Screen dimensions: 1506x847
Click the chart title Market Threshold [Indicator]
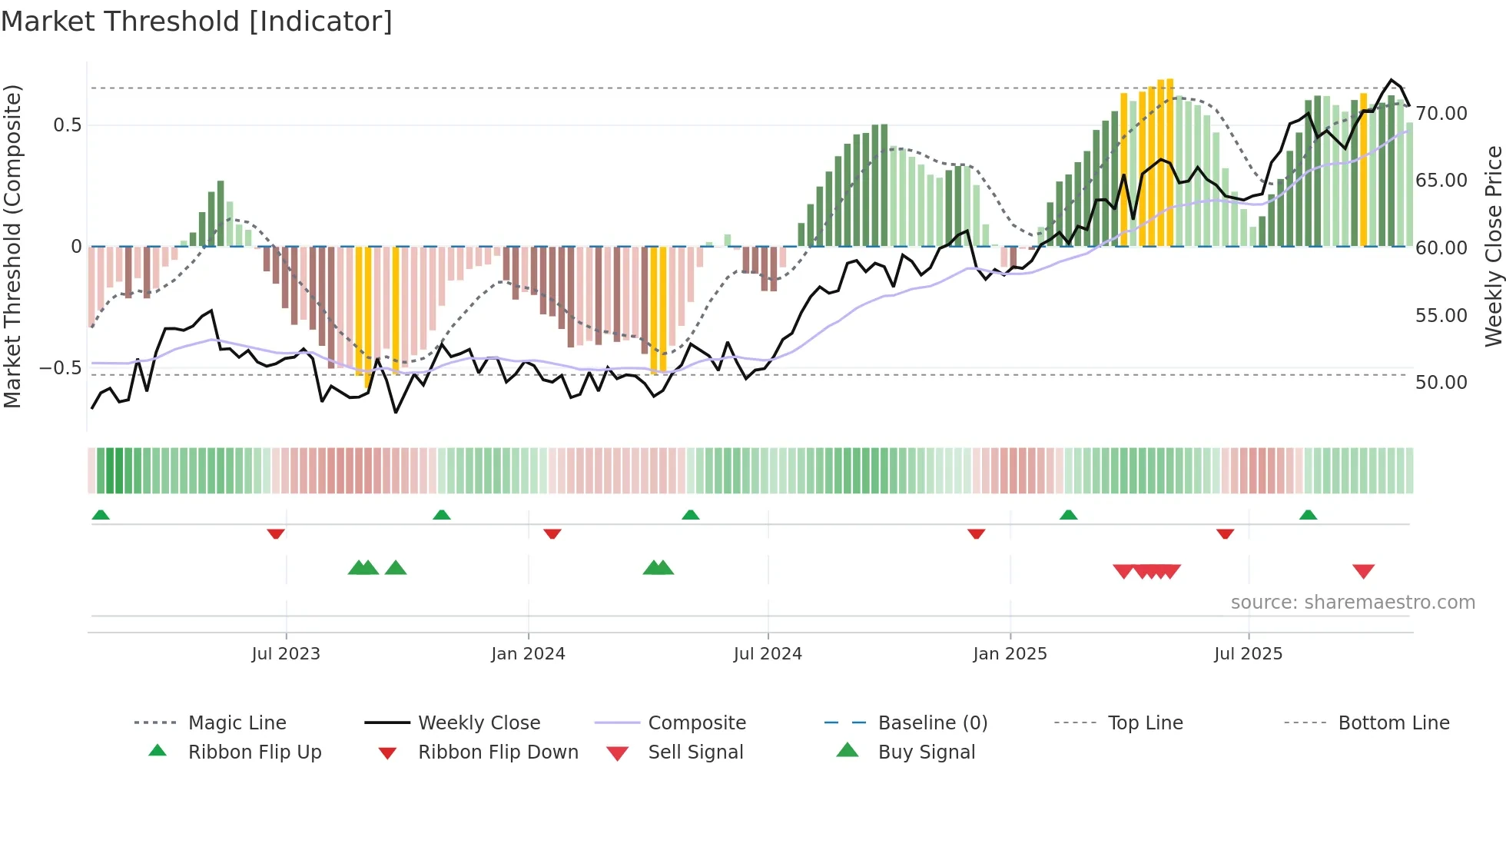click(x=197, y=22)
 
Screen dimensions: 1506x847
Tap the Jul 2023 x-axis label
click(x=286, y=654)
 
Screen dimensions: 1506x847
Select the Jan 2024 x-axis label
click(x=528, y=654)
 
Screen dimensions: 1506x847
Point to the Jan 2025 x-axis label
click(x=1010, y=654)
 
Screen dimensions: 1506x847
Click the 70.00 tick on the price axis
click(x=1441, y=114)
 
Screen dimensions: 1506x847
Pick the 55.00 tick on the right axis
click(x=1441, y=316)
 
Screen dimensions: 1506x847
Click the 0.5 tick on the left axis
click(x=67, y=125)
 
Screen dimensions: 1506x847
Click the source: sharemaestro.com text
click(x=1352, y=603)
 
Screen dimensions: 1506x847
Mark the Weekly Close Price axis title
click(x=1493, y=246)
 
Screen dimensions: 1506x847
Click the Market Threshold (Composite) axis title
click(x=12, y=246)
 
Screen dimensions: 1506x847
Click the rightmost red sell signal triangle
click(x=1363, y=571)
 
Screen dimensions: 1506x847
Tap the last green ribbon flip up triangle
click(x=1308, y=515)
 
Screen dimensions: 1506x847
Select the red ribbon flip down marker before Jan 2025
click(x=976, y=533)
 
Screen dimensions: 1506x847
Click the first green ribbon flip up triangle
click(x=101, y=515)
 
